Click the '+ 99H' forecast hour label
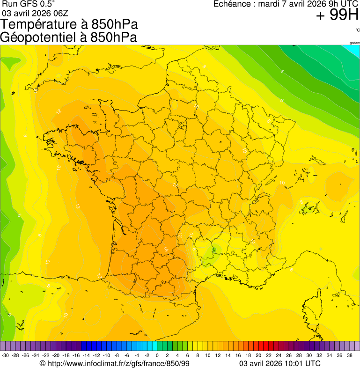pyautogui.click(x=337, y=15)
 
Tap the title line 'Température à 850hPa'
pyautogui.click(x=69, y=24)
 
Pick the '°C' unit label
pyautogui.click(x=357, y=30)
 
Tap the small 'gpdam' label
pyautogui.click(x=354, y=43)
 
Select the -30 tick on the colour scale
pyautogui.click(x=5, y=355)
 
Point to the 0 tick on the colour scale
pyautogui.click(x=156, y=355)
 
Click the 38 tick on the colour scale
pyautogui.click(x=349, y=355)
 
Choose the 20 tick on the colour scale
pyautogui.click(x=257, y=355)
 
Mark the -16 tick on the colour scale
pyautogui.click(x=76, y=355)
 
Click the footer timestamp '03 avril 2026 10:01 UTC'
pyautogui.click(x=280, y=363)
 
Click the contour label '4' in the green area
pyautogui.click(x=282, y=72)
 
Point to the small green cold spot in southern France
pyautogui.click(x=213, y=250)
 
